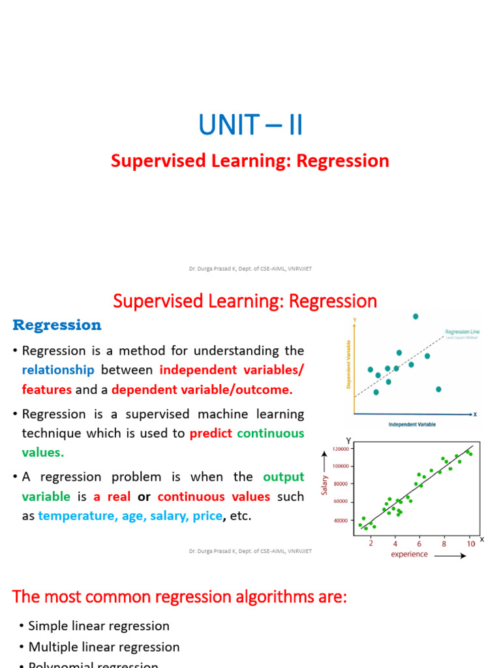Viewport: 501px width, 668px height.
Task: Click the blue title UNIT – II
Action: point(250,125)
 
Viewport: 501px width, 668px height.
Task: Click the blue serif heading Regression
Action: point(57,325)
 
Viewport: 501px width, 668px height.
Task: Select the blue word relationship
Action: point(58,370)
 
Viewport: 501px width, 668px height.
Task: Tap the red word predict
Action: point(211,433)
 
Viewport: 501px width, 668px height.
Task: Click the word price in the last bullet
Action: point(207,516)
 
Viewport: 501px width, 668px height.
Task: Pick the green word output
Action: point(284,476)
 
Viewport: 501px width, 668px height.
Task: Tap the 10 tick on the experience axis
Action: point(470,543)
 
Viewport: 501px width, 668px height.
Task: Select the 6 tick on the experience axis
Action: point(419,543)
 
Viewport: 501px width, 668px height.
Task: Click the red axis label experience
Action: point(409,554)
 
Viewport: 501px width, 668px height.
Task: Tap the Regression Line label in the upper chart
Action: point(462,331)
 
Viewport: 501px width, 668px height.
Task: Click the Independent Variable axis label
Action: point(412,424)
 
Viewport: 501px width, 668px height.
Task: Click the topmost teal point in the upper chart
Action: point(416,316)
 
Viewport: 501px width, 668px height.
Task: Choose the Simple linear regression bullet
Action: point(99,626)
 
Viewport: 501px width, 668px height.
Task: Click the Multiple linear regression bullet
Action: point(104,647)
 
